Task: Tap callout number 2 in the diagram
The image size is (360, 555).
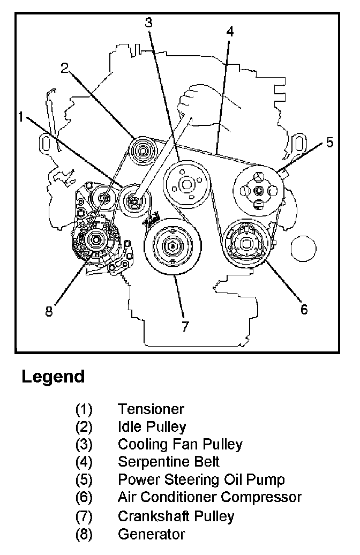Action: coord(65,67)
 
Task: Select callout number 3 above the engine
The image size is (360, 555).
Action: coord(148,22)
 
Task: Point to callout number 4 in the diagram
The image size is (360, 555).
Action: coord(229,31)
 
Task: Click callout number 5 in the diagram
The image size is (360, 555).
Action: coord(329,142)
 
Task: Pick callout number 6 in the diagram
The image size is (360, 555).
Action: coord(304,309)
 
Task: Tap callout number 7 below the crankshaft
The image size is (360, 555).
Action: coord(185,326)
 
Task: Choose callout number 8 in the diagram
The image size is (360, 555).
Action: coord(49,311)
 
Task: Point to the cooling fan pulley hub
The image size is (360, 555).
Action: coord(185,185)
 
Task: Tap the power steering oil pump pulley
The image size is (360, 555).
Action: coord(259,191)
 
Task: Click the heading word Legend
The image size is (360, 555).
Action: coord(53,377)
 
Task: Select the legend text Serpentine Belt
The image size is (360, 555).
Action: coord(169,461)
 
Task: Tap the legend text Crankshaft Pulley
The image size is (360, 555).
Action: coord(176,516)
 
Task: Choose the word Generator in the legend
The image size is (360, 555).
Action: coord(151,534)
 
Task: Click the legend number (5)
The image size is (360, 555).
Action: coord(84,479)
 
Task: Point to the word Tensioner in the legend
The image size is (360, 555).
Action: coord(151,409)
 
